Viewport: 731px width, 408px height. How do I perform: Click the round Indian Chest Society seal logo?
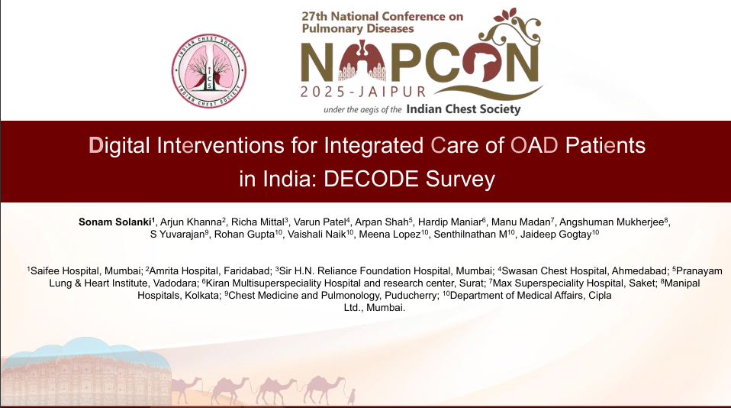(209, 71)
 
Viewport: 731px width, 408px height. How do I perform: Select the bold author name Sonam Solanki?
(114, 222)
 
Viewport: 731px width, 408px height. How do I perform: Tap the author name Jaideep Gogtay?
(555, 235)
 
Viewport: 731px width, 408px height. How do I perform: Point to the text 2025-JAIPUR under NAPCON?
(363, 92)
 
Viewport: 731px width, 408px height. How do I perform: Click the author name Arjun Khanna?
(191, 222)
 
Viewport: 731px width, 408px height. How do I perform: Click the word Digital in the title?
(119, 146)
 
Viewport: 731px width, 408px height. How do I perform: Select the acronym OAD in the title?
(534, 145)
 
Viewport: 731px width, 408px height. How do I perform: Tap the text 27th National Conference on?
(382, 16)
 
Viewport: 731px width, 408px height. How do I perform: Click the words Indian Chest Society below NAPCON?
(463, 108)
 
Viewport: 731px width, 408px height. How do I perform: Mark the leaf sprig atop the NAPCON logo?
(506, 15)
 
